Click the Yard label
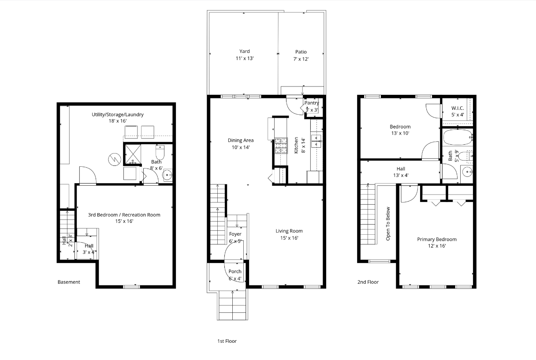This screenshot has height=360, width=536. coord(245,51)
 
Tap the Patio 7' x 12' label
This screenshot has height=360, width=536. coord(301,55)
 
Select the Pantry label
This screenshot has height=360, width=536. coord(312,103)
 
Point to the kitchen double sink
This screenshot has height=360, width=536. coord(316,141)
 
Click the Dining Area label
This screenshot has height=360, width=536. coord(241,140)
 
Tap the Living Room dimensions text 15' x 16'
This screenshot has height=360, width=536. coord(289,238)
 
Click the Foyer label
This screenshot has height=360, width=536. coord(235,234)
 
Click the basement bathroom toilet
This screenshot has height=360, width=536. coord(160,152)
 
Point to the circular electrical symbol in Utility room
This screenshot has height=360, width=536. coord(114,160)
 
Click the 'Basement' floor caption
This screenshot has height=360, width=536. coord(69,282)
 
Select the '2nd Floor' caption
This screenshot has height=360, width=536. coord(368,282)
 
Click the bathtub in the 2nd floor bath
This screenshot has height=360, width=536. coord(456,137)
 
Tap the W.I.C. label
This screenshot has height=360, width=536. coord(458,109)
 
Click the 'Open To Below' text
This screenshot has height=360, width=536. coord(388,224)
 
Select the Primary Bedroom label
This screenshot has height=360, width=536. coord(437,240)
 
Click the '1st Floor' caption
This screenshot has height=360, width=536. coord(227,341)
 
